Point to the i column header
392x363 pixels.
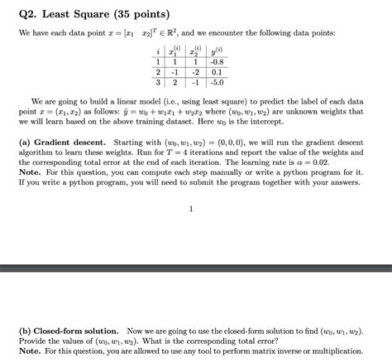tap(157, 51)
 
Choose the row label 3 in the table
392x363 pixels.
tap(157, 83)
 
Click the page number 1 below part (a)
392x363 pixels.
tap(191, 209)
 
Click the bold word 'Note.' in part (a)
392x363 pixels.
tap(30, 175)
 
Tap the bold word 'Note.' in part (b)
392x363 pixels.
tap(30, 351)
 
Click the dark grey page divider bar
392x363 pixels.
tap(196, 269)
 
